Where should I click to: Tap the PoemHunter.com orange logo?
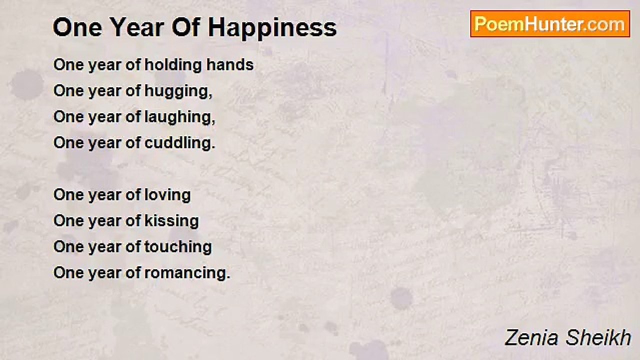(x=550, y=24)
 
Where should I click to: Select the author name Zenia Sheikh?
(x=568, y=337)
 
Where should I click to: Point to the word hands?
(x=230, y=65)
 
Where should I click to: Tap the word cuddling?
(x=180, y=143)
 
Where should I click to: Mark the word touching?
(x=178, y=247)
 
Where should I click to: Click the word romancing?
(x=187, y=273)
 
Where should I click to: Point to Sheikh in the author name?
(x=598, y=337)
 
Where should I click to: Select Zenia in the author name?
(x=531, y=338)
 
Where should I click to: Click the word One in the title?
(x=77, y=27)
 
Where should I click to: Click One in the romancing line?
(x=68, y=273)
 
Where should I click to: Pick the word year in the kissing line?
(x=105, y=222)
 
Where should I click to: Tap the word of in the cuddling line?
(x=133, y=142)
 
